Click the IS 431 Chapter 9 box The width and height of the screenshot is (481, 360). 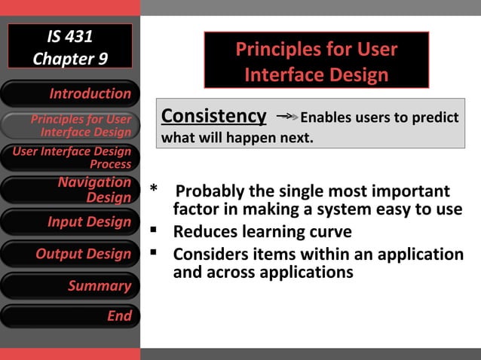pos(69,47)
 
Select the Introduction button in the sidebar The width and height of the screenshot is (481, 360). pos(69,93)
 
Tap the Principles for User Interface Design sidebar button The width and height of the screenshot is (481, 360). pos(69,126)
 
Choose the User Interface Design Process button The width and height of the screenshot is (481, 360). pos(69,157)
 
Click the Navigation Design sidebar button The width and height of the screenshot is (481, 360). pos(69,190)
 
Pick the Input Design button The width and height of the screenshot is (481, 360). pos(69,222)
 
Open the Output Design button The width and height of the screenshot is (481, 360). pos(69,254)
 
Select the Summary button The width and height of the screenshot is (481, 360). pos(69,285)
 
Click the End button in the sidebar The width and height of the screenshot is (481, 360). pos(69,316)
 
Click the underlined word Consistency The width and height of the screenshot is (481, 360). pos(214,117)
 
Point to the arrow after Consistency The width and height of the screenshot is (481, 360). pos(286,117)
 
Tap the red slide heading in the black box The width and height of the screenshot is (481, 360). pos(316,62)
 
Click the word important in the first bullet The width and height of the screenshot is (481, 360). pos(410,191)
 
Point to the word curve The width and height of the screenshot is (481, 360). pos(330,231)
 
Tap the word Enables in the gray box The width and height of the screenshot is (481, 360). pos(326,118)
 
